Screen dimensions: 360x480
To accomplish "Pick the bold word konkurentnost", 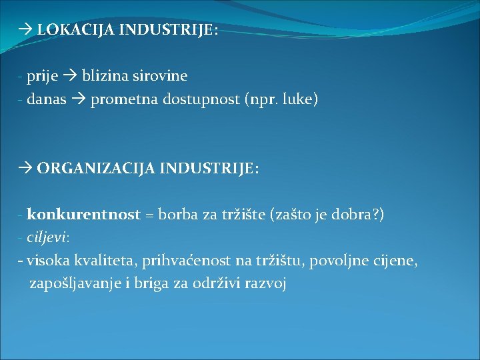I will click(84, 215).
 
